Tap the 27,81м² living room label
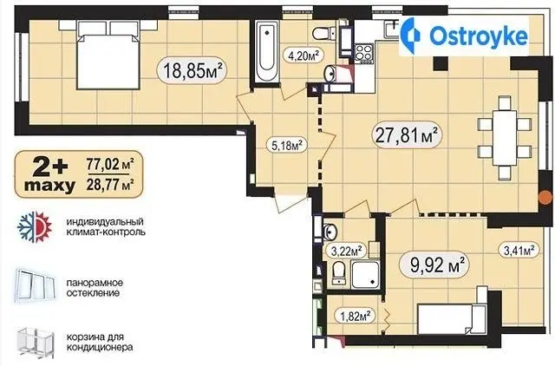point(407,134)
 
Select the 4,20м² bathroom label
point(304,56)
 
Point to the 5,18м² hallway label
point(287,145)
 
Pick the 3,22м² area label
point(347,251)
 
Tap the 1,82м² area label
point(356,316)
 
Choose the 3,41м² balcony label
point(519,251)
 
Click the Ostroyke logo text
point(479,36)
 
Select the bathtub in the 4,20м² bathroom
point(267,52)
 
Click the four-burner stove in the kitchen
point(364,54)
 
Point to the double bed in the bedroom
point(108,55)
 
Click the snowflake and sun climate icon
point(35,227)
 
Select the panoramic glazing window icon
point(36,286)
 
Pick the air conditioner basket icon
point(36,341)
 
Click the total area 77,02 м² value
point(110,164)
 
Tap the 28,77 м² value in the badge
point(110,184)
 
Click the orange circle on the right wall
point(545,198)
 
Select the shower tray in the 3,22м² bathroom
point(366,274)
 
